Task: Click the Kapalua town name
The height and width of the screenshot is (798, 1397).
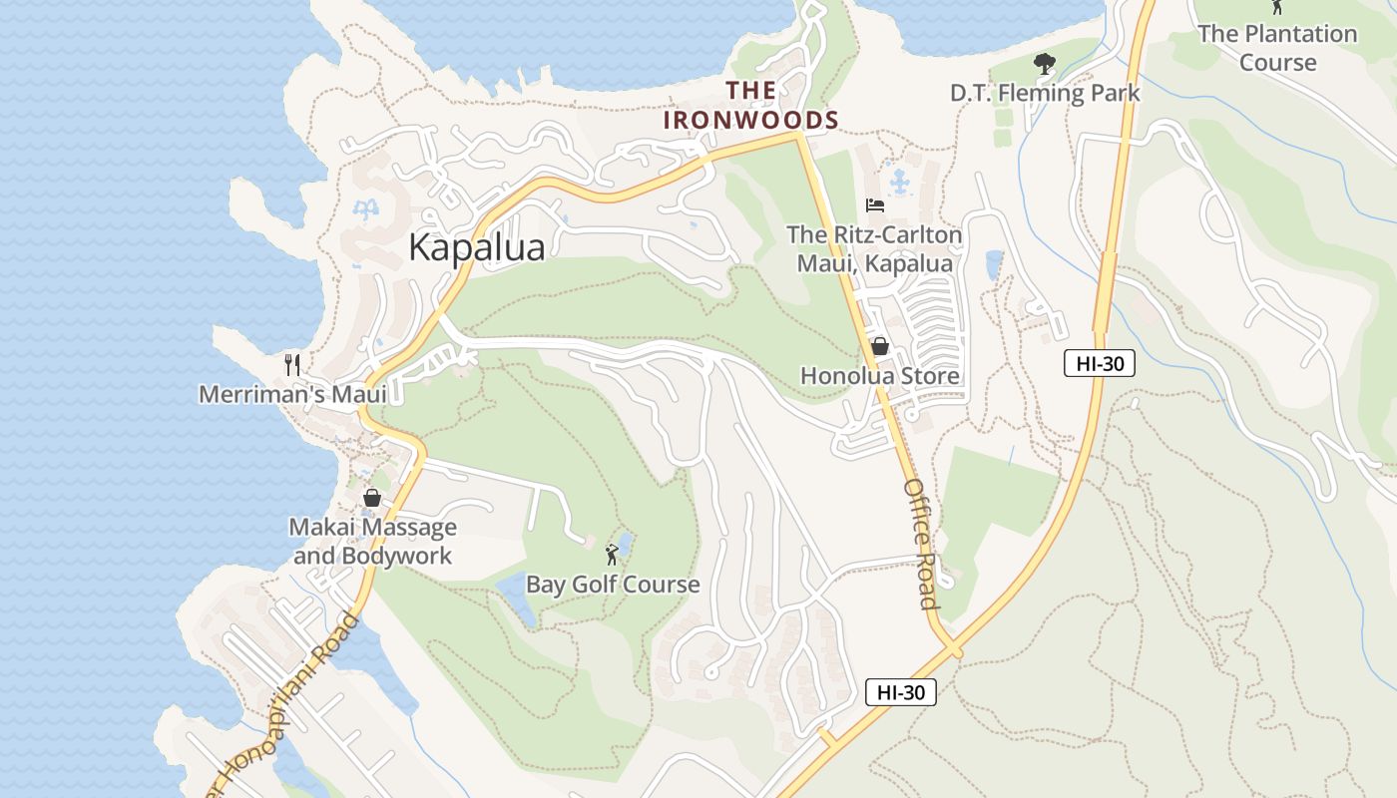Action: pos(477,247)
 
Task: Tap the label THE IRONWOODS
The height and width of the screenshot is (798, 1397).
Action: pos(751,106)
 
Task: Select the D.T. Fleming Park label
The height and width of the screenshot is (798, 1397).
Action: pos(1044,94)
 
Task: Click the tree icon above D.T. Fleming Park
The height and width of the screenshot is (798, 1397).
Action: pos(1045,65)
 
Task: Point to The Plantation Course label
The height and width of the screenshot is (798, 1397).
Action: pos(1277,48)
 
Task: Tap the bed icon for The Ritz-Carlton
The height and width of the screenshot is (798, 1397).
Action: pos(875,205)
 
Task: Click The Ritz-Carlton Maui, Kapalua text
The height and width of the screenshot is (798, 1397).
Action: pos(874,249)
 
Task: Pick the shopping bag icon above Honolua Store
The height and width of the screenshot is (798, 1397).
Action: pos(880,346)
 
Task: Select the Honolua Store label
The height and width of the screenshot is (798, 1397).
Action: pos(880,376)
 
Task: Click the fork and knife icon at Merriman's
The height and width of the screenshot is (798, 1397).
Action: pos(292,364)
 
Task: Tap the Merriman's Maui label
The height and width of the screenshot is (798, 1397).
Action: pos(292,394)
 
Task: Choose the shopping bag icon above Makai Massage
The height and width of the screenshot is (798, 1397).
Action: pos(372,497)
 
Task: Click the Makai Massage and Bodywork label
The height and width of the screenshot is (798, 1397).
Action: pos(372,541)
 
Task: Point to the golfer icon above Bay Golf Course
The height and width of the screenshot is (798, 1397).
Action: pos(612,555)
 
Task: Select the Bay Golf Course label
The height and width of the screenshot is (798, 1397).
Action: pos(613,585)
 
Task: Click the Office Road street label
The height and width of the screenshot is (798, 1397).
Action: pos(921,544)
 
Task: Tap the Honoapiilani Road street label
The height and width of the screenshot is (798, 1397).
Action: pos(284,708)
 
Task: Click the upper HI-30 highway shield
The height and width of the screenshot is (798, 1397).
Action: pos(1099,363)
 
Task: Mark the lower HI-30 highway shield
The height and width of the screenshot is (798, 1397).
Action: pos(900,692)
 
